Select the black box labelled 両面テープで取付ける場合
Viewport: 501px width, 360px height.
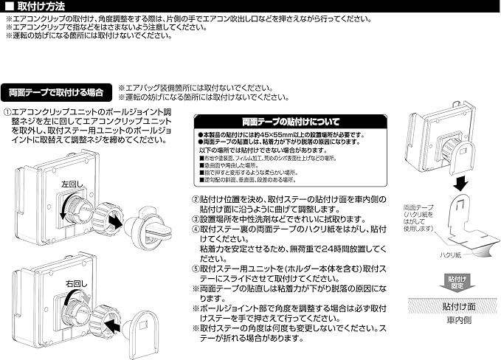(x=57, y=93)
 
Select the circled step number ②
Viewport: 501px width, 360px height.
(x=196, y=199)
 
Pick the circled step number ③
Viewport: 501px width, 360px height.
(x=196, y=219)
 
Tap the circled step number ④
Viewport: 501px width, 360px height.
(x=196, y=229)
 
